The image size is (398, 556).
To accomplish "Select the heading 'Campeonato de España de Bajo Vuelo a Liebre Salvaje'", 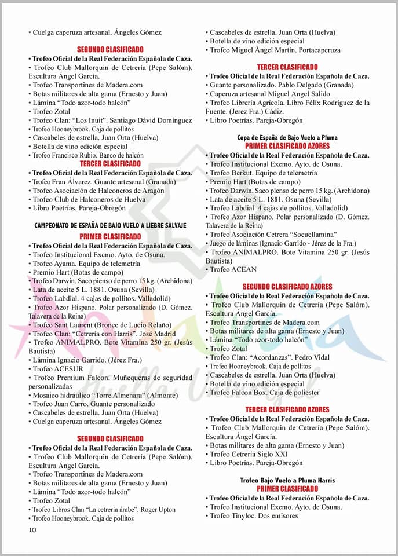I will point(110,225).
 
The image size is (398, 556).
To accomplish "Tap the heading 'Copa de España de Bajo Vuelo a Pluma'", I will point(287,138).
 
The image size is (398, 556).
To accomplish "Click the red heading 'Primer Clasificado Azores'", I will point(287,147).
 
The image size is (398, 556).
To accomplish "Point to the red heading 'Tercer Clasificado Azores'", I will point(287,409).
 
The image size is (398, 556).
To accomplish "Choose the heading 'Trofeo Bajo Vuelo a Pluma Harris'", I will point(287,480).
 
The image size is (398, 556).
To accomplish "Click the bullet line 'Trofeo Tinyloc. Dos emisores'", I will point(258,515).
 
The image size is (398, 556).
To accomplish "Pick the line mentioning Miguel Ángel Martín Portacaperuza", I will point(275,50).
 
